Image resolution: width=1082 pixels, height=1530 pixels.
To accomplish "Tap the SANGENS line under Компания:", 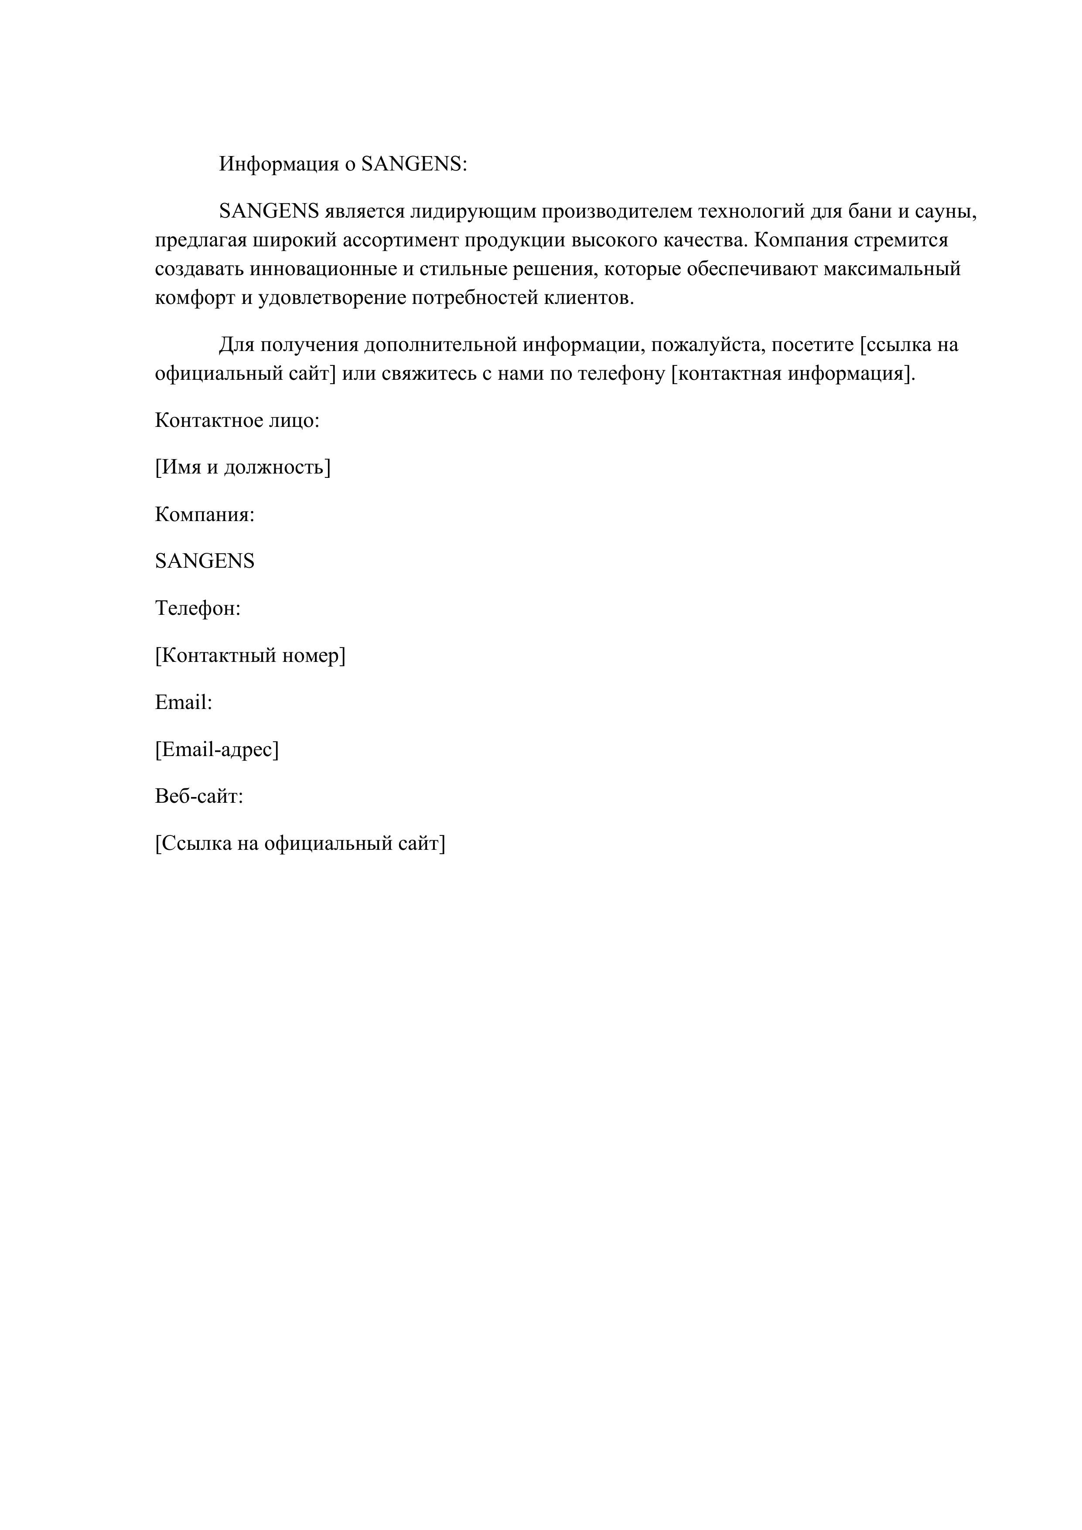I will tap(205, 561).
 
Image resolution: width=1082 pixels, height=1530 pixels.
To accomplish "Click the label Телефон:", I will tap(197, 608).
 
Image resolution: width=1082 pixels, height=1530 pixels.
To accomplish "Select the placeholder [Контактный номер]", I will tap(250, 656).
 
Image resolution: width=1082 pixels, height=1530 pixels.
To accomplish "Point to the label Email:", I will tap(183, 702).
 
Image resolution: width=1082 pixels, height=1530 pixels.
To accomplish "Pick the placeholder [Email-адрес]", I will tap(217, 750).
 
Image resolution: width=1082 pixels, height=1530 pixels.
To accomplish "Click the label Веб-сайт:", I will tap(199, 796).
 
